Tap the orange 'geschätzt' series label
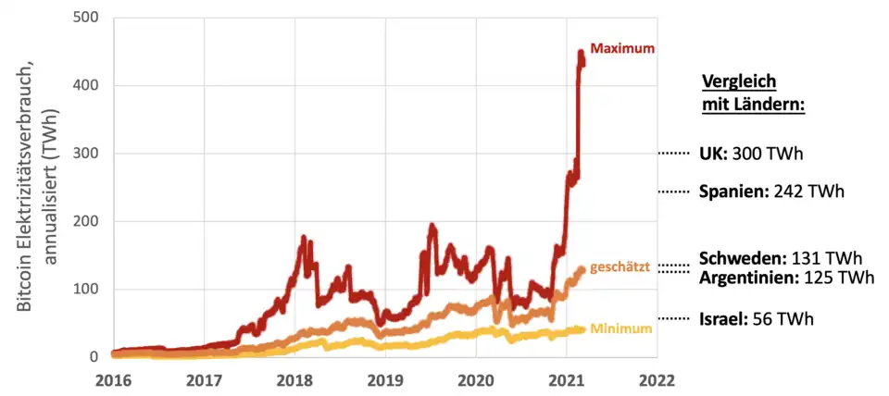[622, 266]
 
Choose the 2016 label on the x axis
[113, 379]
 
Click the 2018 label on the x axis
[294, 379]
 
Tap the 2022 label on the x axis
[657, 379]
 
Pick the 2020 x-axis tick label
[476, 379]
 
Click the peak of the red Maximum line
[581, 53]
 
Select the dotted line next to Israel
[674, 319]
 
